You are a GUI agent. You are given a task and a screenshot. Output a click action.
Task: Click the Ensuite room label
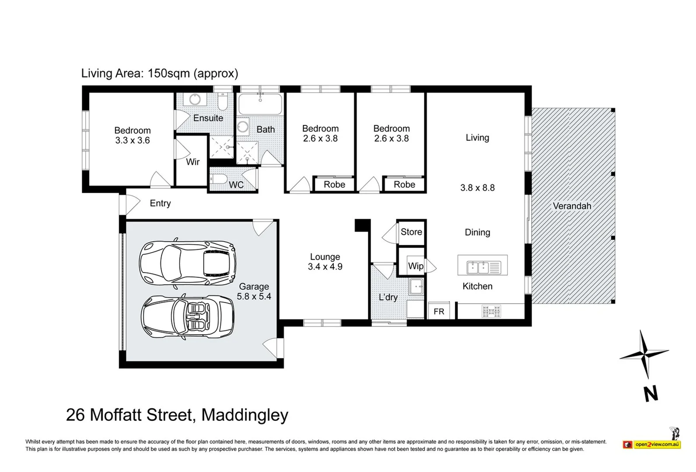[208, 118]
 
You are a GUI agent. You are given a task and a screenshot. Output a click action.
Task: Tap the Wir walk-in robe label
[193, 162]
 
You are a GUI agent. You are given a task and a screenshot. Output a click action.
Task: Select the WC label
[236, 185]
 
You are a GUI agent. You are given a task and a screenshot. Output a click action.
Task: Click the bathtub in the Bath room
[260, 104]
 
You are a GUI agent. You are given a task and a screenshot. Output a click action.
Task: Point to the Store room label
[412, 232]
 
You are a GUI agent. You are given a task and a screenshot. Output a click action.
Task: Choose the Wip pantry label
[416, 266]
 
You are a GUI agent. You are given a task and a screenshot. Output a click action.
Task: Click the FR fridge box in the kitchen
[439, 311]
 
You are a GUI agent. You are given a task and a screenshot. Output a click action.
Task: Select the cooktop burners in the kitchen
[491, 311]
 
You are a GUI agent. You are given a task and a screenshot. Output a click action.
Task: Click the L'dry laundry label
[388, 297]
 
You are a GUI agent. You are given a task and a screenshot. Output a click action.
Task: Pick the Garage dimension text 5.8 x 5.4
[254, 296]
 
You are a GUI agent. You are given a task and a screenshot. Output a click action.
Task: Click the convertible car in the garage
[188, 317]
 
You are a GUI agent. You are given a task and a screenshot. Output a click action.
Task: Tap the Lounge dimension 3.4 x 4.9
[325, 267]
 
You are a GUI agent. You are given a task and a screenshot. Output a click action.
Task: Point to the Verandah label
[572, 206]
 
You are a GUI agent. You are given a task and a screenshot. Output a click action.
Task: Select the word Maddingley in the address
[245, 415]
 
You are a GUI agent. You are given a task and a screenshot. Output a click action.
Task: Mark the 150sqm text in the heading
[168, 74]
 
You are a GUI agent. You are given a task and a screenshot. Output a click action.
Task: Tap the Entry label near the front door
[160, 203]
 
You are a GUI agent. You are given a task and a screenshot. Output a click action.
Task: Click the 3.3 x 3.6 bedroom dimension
[132, 140]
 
